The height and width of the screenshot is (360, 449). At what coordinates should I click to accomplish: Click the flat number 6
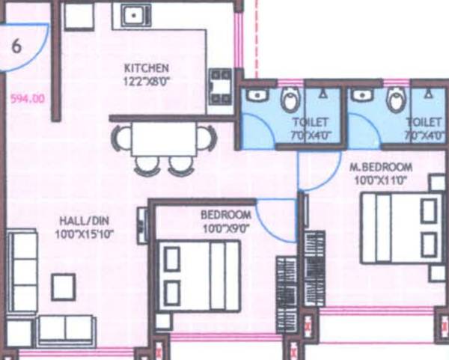click(x=16, y=45)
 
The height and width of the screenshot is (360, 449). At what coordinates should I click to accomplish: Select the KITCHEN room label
click(x=146, y=68)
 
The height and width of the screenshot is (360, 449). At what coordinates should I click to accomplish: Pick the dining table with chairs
click(x=165, y=147)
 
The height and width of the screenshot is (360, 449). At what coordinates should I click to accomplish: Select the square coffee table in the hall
click(x=63, y=285)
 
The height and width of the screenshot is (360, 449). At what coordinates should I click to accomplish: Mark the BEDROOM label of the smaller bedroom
click(x=225, y=215)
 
